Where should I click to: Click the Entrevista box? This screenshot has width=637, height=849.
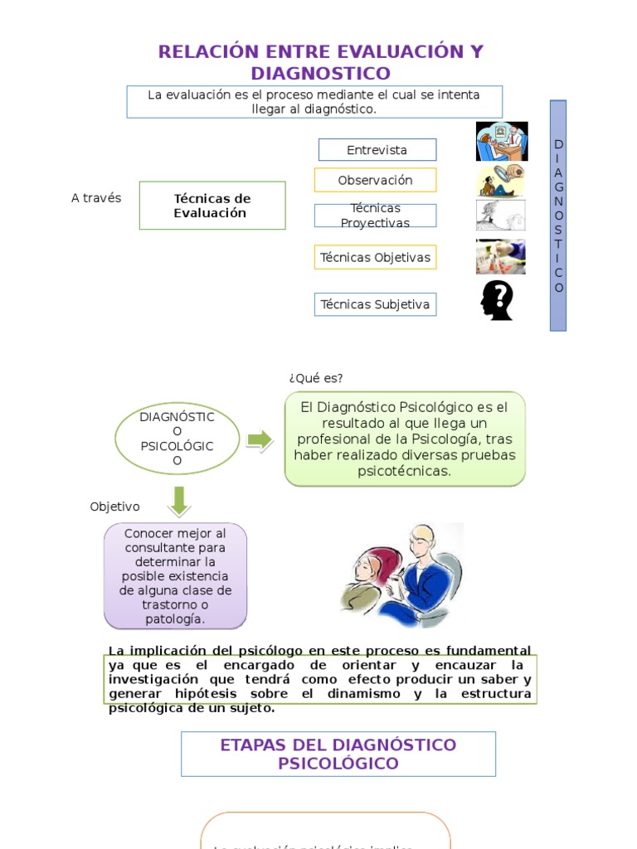(377, 150)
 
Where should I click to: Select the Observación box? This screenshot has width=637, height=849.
(375, 180)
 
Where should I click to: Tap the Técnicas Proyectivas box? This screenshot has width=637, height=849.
(375, 216)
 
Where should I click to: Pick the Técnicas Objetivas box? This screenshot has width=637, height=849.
(375, 257)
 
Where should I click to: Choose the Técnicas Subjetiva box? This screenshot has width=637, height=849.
(375, 304)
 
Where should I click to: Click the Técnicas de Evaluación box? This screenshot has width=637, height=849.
(212, 206)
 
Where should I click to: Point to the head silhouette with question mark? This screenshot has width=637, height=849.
(497, 300)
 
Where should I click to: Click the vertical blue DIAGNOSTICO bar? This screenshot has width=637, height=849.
(558, 216)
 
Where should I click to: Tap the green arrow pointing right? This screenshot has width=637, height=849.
(260, 440)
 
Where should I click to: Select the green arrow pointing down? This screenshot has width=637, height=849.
(178, 501)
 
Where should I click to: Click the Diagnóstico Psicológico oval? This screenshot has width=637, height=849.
(177, 439)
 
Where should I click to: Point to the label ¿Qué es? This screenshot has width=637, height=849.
(315, 378)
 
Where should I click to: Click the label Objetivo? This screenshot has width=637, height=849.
(114, 507)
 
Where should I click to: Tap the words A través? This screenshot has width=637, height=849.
(96, 198)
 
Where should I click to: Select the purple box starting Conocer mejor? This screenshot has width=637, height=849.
(175, 575)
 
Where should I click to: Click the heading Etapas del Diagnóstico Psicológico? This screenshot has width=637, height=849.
(338, 754)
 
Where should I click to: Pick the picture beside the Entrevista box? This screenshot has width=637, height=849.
(501, 141)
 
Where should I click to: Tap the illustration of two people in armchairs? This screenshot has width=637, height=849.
(402, 575)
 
